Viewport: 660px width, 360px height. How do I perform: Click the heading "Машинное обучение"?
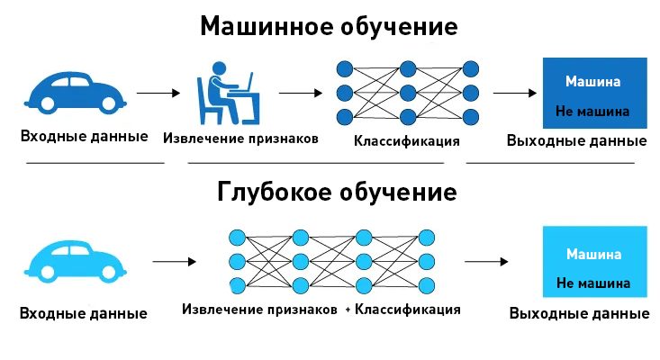coord(329,26)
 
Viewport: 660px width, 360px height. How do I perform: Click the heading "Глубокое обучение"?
coord(337,192)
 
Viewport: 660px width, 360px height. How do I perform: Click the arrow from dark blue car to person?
coord(158,92)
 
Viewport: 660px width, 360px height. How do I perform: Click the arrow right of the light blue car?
coord(175,261)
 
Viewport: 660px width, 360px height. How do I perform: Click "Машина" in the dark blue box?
coord(592,82)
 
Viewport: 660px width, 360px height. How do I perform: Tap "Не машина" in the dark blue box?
coord(592,112)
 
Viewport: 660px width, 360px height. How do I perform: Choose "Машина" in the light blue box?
coord(593,254)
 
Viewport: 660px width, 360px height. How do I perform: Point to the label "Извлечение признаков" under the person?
coord(240,139)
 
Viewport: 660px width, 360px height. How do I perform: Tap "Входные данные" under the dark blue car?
coord(85,138)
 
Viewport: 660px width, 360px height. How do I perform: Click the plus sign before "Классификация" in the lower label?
coord(347,310)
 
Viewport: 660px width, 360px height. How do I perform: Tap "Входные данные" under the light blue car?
coord(83,314)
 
